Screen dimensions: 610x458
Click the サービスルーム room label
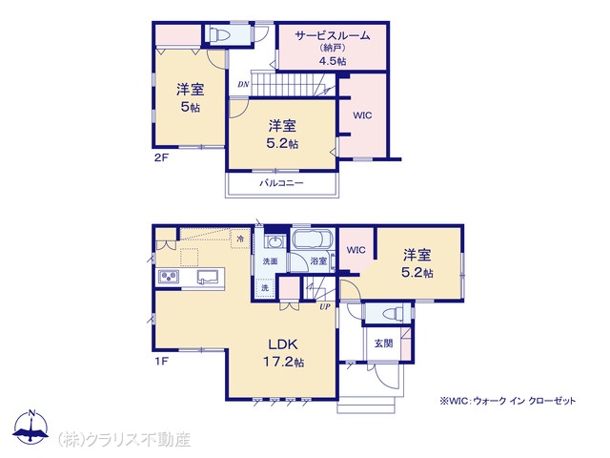(333, 36)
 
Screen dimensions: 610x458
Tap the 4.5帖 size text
(333, 61)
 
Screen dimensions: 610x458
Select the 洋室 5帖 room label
(191, 97)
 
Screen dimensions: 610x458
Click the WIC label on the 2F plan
(362, 115)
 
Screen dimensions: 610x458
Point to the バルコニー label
(282, 182)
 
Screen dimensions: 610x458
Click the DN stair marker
(244, 84)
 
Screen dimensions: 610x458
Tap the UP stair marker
(325, 306)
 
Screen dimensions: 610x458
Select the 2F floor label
(161, 157)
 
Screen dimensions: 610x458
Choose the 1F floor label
(161, 362)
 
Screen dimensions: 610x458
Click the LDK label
(283, 343)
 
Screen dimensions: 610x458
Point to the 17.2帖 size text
(284, 363)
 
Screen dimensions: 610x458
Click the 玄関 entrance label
(383, 343)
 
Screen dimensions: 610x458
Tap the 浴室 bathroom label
(318, 260)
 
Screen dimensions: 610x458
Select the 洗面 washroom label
(270, 260)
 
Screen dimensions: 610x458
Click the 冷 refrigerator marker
(240, 239)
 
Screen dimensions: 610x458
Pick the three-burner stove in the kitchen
(170, 276)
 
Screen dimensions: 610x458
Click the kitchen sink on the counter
(206, 277)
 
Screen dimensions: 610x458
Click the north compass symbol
(31, 427)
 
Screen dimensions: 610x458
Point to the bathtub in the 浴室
(313, 239)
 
